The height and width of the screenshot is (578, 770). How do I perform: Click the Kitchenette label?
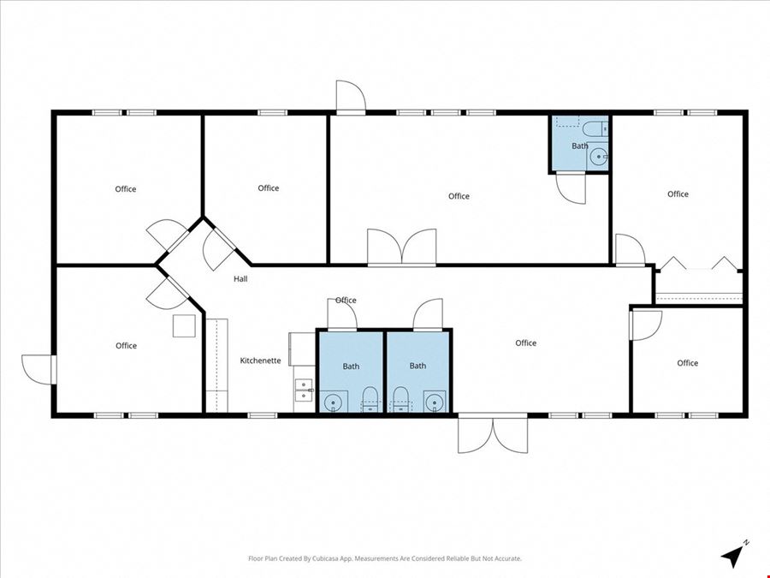(x=260, y=361)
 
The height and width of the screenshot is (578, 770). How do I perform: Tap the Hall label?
(x=240, y=278)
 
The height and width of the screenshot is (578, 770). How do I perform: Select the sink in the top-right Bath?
(x=599, y=157)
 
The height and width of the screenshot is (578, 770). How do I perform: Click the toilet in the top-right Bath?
(x=595, y=128)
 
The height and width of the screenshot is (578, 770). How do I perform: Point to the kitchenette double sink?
(x=304, y=390)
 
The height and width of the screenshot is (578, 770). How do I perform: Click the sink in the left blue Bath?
(x=334, y=402)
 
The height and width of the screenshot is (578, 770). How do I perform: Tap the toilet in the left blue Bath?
(x=370, y=399)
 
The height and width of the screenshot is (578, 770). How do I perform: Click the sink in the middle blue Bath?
(x=435, y=402)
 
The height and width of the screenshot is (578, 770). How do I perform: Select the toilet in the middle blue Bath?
(x=400, y=399)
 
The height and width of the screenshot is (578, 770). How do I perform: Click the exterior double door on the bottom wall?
(x=493, y=433)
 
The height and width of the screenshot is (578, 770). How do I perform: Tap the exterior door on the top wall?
(x=351, y=98)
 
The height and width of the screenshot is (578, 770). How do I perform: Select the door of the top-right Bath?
(x=571, y=188)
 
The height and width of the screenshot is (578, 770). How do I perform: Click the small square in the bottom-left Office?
(x=184, y=326)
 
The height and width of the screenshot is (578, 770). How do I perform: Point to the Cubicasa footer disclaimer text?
(x=385, y=558)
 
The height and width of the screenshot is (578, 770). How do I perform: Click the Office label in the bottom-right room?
(x=688, y=363)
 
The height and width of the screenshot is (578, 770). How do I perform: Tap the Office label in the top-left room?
(x=126, y=188)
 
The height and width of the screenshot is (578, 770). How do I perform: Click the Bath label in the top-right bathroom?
(x=580, y=146)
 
